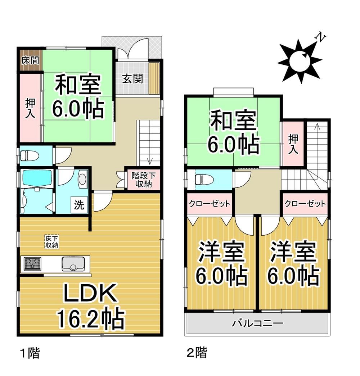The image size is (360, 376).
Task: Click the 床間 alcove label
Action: [x=30, y=60]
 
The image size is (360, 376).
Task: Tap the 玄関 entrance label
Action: [x=132, y=78]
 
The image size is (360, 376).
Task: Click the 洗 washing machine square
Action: [x=79, y=204]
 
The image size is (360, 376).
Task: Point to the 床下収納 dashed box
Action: [x=52, y=242]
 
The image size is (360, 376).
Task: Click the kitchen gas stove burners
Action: [x=32, y=264]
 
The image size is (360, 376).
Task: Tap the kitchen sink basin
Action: [x=73, y=264]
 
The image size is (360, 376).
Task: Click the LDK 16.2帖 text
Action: [x=91, y=306]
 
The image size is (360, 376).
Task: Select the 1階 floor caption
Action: [x=30, y=353]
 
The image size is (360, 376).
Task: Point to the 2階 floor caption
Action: [x=197, y=353]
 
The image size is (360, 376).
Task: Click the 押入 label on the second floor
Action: [x=293, y=144]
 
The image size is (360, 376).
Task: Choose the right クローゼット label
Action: [x=305, y=204]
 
